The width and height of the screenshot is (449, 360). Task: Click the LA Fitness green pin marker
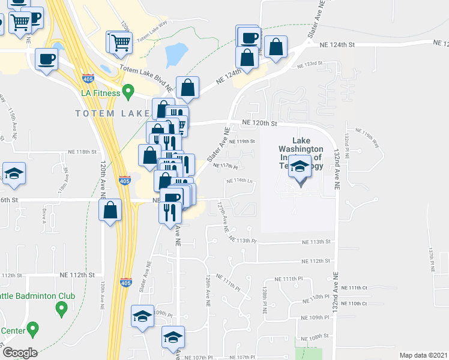coord(127,92)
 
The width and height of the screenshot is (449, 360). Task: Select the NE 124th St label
coord(337,44)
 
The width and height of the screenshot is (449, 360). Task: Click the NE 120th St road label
coord(259,123)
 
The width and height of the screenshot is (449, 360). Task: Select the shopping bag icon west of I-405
coord(110,211)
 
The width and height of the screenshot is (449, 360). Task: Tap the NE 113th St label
coord(316,242)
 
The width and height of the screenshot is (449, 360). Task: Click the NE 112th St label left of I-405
coord(77,274)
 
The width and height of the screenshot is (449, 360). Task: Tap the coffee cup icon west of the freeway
coord(46,59)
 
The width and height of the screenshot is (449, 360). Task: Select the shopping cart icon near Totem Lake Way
coord(119,42)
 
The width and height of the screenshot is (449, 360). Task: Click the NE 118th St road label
coord(82,152)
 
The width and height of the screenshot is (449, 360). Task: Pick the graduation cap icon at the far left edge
coord(14,175)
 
